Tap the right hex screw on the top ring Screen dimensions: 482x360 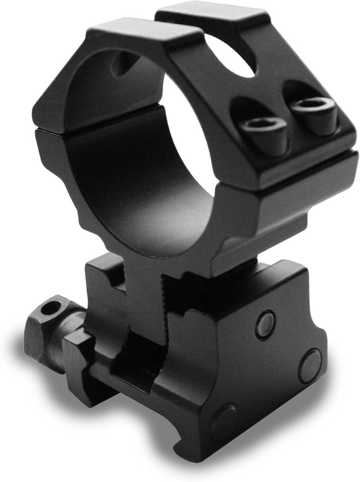point(314,107)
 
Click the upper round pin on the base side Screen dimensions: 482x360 point(265,324)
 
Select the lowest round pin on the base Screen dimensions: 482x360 point(223,423)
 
